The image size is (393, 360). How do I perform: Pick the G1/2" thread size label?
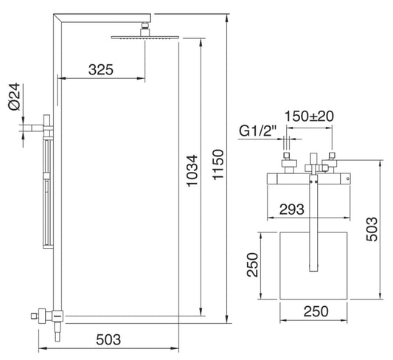257,132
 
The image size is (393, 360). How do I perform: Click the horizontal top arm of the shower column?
103,15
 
